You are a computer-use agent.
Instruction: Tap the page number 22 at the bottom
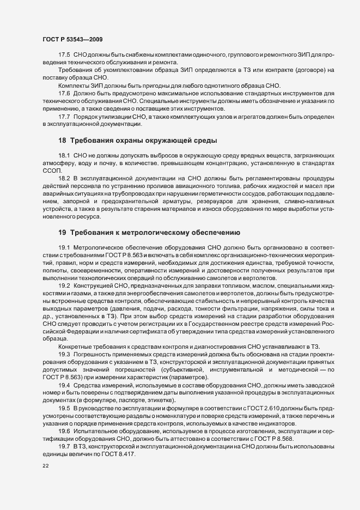pyautogui.click(x=46, y=466)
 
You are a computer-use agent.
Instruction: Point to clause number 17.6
pyautogui.click(x=64, y=94)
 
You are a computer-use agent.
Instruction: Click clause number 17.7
pyautogui.click(x=64, y=117)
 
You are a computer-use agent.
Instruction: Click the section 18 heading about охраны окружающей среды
pyautogui.click(x=137, y=141)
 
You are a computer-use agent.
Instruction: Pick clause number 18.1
pyautogui.click(x=64, y=156)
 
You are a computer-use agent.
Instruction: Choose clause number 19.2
pyautogui.click(x=64, y=285)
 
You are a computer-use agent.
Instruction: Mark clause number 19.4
pyautogui.click(x=64, y=385)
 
